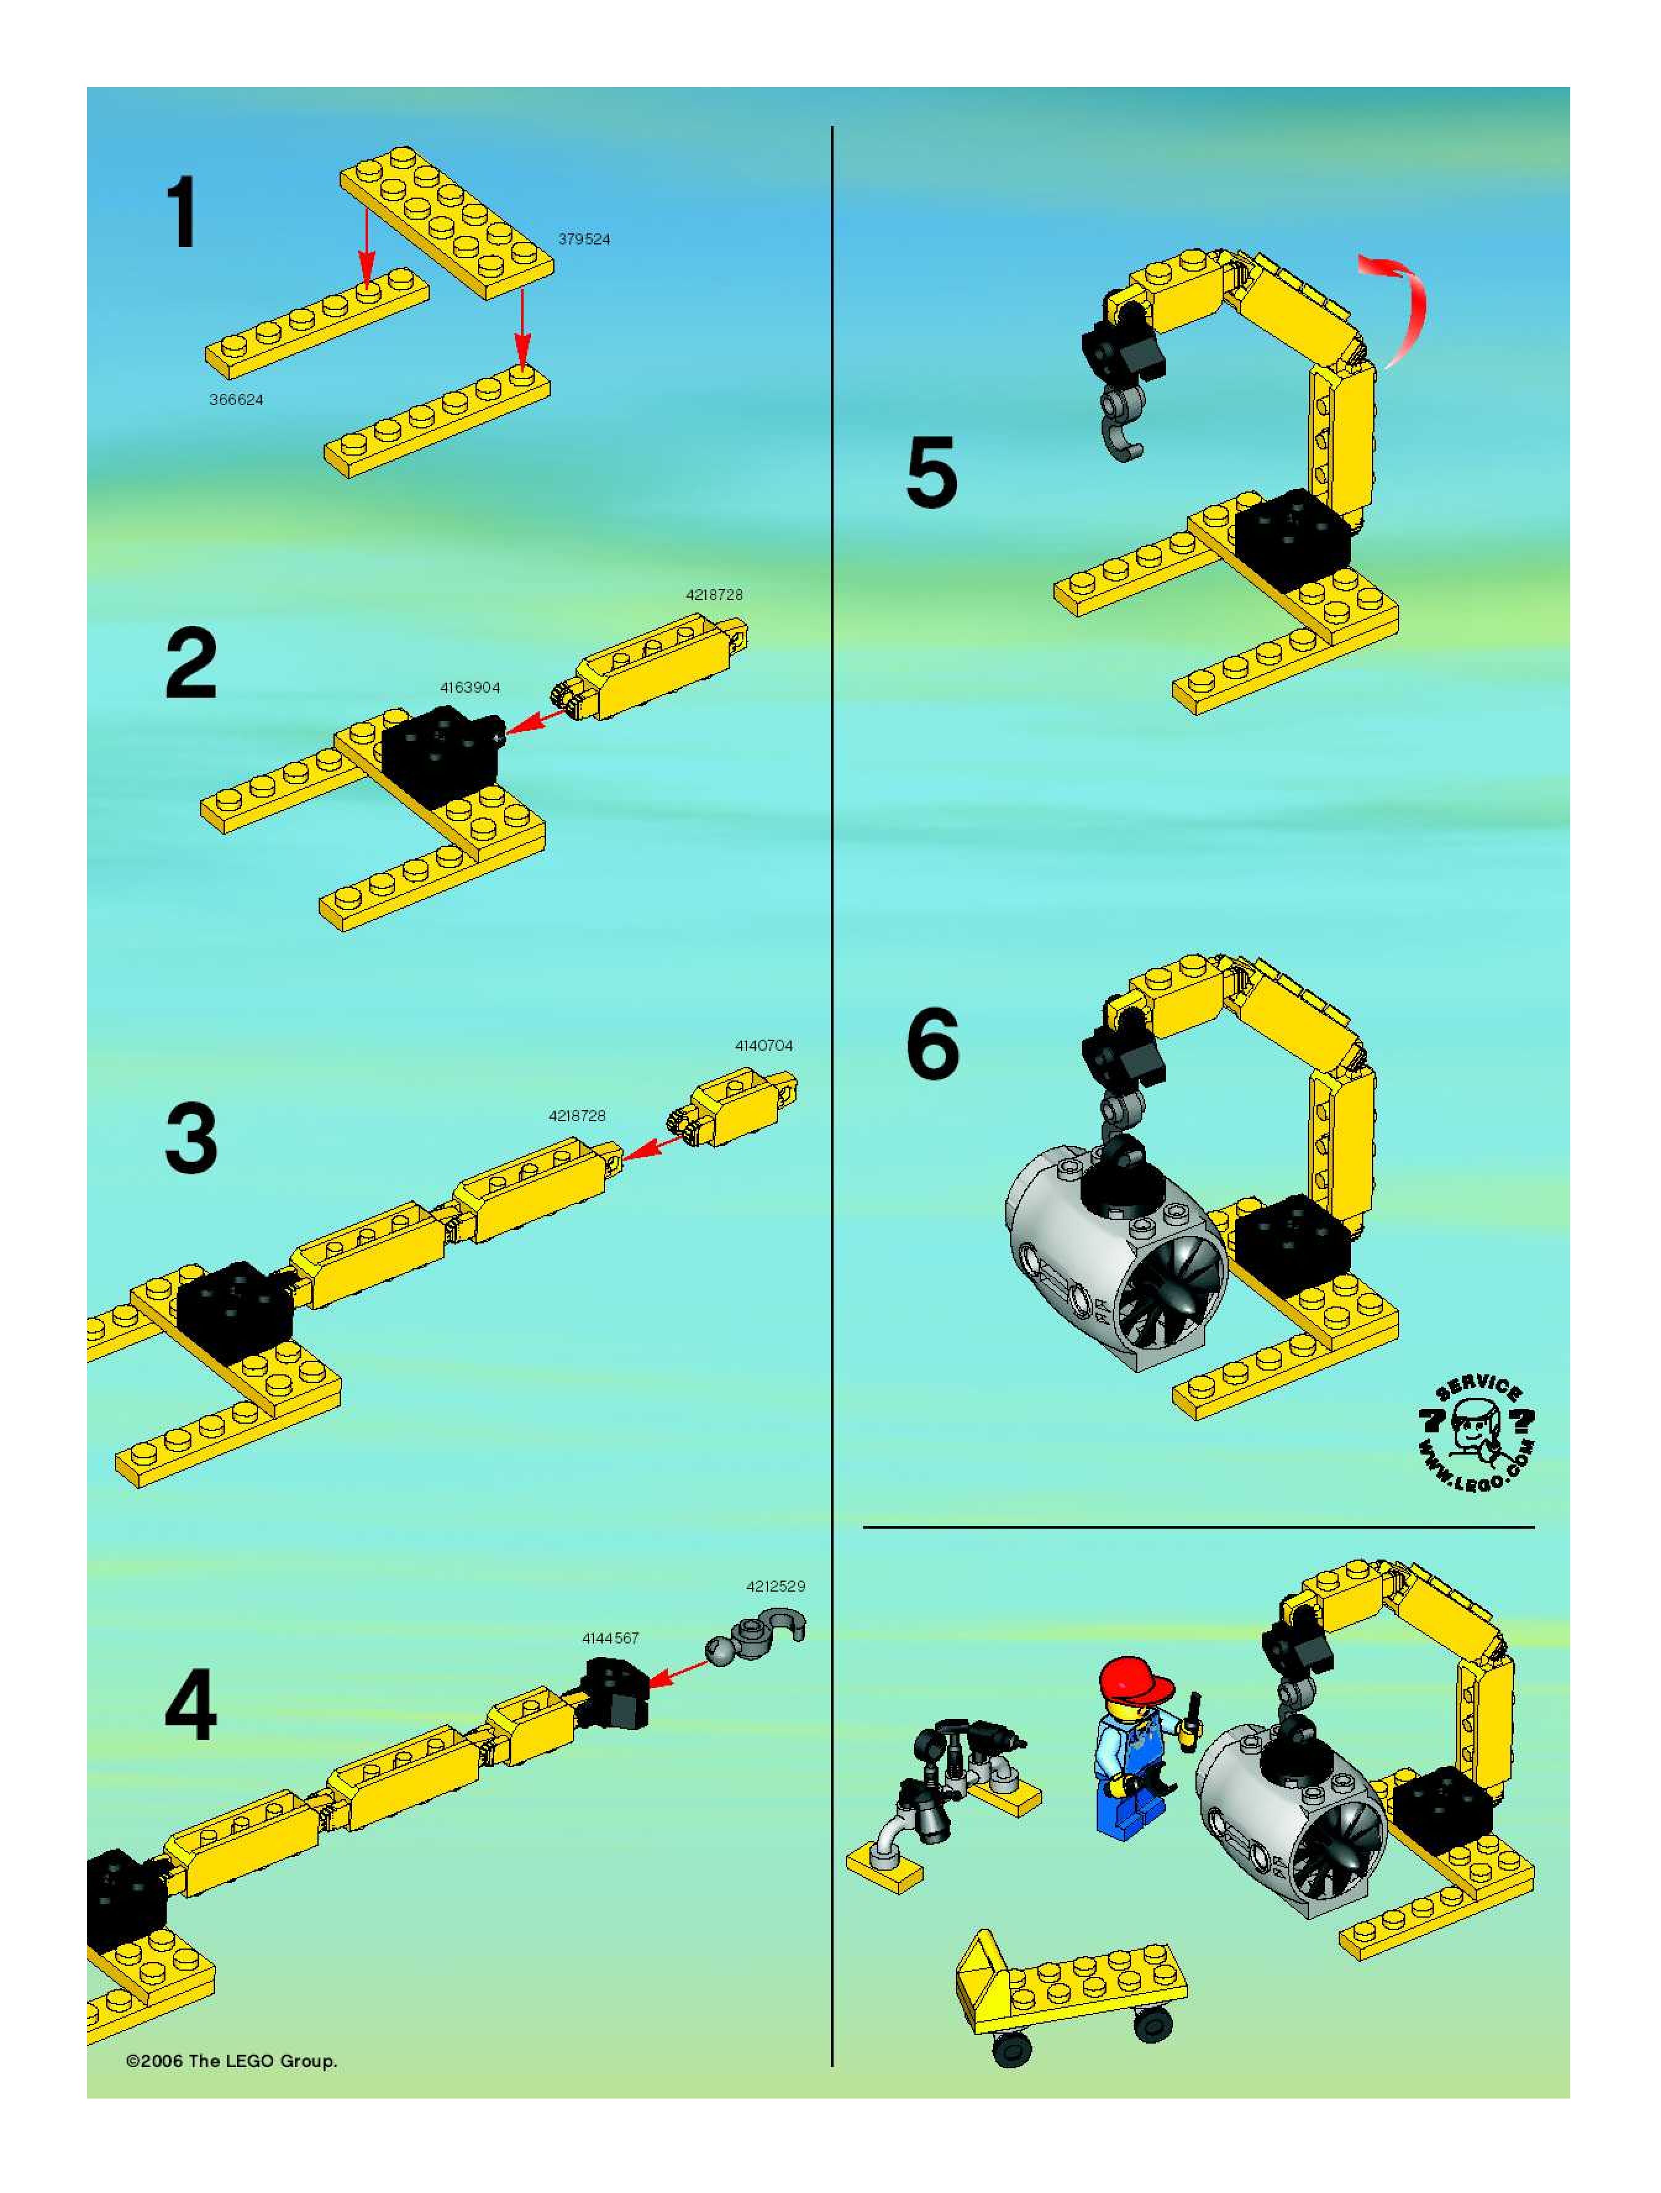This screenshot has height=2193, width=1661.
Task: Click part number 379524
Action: pyautogui.click(x=584, y=239)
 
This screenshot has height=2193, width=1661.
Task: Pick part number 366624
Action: pyautogui.click(x=236, y=399)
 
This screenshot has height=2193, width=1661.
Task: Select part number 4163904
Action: pyautogui.click(x=470, y=687)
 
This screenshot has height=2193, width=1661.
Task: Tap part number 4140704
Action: pyautogui.click(x=764, y=1045)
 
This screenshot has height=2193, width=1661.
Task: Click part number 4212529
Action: pyautogui.click(x=776, y=1586)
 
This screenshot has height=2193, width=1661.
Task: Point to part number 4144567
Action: pyautogui.click(x=611, y=1638)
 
